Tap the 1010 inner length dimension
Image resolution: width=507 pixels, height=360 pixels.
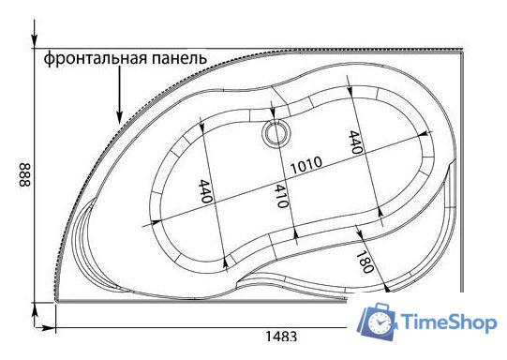point(306,164)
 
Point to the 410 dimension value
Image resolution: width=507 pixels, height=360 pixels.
point(278,195)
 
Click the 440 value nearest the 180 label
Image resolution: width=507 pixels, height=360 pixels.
point(355,141)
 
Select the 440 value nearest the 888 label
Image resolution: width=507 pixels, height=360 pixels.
point(207,192)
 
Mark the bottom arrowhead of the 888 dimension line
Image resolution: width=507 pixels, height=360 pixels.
point(35,307)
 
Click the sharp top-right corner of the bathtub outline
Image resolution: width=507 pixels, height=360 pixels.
point(467,52)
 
